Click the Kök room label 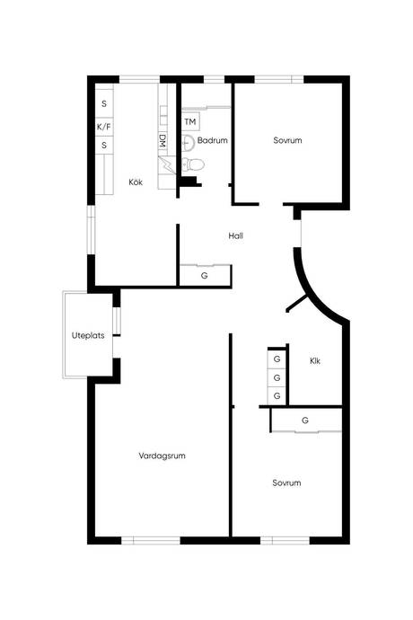pos(136,182)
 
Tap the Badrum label pos(212,140)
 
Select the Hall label pos(235,236)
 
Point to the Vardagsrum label pos(162,456)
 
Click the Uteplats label pos(88,335)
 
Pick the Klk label pos(315,361)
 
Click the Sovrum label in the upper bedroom pos(287,140)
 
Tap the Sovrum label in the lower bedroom pos(286,483)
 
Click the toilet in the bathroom pos(193,164)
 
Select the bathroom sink pos(189,143)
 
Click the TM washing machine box pos(190,122)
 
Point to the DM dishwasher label pos(162,141)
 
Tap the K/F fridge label pos(104,128)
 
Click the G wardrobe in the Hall pos(205,276)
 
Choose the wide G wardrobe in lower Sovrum pos(306,421)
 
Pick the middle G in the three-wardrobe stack pos(277,377)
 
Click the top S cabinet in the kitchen pos(104,103)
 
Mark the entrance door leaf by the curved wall pos(297,303)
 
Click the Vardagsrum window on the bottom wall pos(151,540)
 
